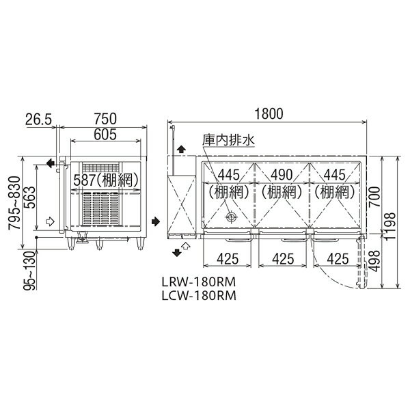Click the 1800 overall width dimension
coord(269,113)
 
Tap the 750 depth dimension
coord(105,118)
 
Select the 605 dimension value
coord(105,135)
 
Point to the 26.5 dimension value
coord(39,119)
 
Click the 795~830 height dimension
coord(14,203)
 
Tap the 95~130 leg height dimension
coord(29,271)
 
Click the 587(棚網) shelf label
coord(106,180)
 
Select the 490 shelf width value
coord(282,175)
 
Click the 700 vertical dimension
coord(374,197)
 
